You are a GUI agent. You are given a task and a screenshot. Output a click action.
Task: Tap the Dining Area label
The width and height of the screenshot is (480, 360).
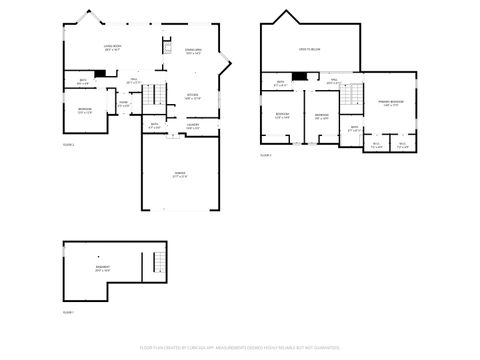tap(194, 52)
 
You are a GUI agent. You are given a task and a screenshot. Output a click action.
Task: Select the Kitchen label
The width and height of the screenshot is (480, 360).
tap(192, 97)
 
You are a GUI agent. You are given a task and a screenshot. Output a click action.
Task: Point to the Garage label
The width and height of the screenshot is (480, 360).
tap(180, 175)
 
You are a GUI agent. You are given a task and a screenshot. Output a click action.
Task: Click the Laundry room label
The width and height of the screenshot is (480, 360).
tap(193, 126)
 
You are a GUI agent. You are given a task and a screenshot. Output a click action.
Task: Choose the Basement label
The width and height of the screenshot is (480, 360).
tap(103, 269)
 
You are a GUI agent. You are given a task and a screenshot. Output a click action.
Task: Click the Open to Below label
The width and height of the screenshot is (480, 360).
tap(308, 49)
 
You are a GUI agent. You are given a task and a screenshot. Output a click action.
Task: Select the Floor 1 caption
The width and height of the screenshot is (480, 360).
tap(68, 312)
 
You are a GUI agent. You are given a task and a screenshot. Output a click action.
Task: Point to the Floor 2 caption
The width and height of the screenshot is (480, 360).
tap(68, 144)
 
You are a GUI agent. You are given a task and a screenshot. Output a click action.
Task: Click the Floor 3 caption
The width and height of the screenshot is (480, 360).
tap(266, 155)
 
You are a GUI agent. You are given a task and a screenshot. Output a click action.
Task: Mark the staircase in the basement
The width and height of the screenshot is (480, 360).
tap(156, 264)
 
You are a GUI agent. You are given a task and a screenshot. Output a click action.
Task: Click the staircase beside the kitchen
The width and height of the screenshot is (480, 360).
tap(149, 98)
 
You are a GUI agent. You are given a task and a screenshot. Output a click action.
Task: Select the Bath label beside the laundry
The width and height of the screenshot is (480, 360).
tap(155, 127)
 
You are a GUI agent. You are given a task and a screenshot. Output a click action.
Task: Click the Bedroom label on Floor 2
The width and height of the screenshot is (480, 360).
tap(85, 110)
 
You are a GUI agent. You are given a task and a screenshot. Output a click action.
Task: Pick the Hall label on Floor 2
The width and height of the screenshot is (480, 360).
tap(133, 80)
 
